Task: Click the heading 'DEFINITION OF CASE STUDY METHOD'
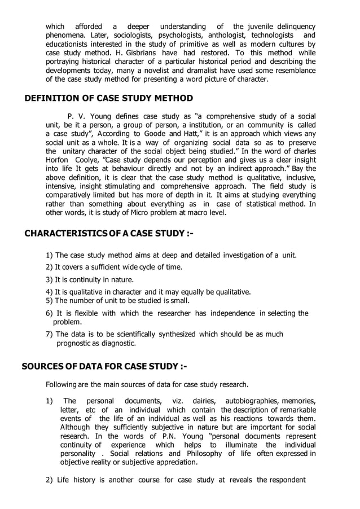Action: [x=109, y=99]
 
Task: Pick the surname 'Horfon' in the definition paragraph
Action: [x=59, y=160]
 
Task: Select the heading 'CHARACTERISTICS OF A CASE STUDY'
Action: [x=109, y=234]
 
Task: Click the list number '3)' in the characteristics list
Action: [x=49, y=279]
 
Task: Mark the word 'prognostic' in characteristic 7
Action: [x=74, y=343]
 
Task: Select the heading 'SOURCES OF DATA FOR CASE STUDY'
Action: [x=104, y=368]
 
